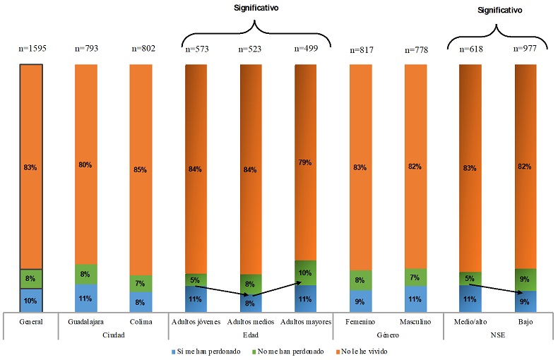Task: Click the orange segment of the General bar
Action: (x=32, y=166)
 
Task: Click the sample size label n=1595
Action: (x=32, y=49)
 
